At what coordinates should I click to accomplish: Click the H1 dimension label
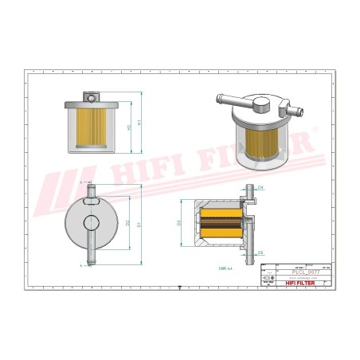coord(140,126)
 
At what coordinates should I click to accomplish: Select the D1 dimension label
coord(140,225)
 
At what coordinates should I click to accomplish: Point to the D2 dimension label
coord(128,223)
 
